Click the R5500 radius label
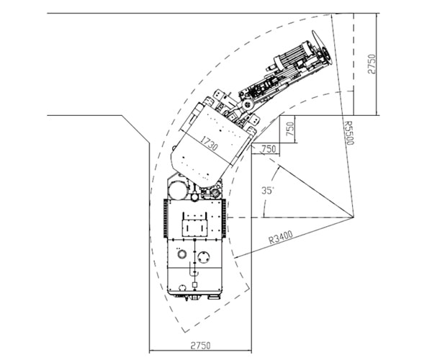[x=348, y=132]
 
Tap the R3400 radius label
[x=281, y=237]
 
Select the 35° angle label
[x=268, y=190]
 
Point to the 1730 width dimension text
[x=209, y=143]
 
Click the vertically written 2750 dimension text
[x=372, y=64]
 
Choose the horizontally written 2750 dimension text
[x=201, y=346]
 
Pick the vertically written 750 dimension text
[x=290, y=129]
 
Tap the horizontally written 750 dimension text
[x=269, y=149]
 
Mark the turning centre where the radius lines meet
[x=354, y=217]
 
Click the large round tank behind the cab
[x=178, y=190]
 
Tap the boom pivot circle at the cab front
[x=247, y=104]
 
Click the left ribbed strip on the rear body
[x=166, y=218]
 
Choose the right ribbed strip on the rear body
[x=224, y=218]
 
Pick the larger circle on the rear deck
[x=204, y=258]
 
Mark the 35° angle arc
[x=269, y=189]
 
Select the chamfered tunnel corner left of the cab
[x=135, y=129]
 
